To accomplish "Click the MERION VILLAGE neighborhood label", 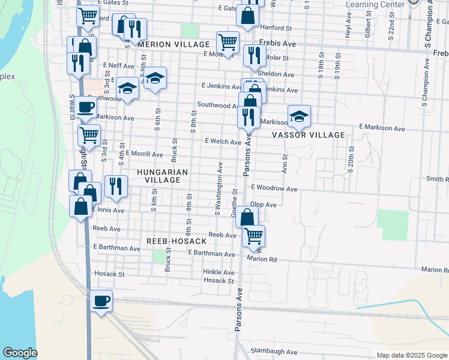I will [x=173, y=44].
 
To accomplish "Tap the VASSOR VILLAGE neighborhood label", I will [x=309, y=135].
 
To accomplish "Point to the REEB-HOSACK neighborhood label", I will [x=176, y=241].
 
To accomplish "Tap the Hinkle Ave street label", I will [x=218, y=272].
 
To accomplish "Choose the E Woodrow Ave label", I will [x=274, y=188].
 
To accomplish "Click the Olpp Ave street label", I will [x=263, y=205].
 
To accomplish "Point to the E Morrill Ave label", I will [x=144, y=154].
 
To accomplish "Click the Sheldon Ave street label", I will [x=276, y=74].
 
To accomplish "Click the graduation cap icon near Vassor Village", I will [x=299, y=116].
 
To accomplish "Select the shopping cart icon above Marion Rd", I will [x=253, y=235].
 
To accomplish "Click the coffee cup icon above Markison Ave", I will [x=85, y=107].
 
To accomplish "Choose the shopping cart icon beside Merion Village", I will [x=228, y=41].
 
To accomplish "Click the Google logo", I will [x=20, y=353].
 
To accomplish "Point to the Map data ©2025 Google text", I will [x=411, y=355].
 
